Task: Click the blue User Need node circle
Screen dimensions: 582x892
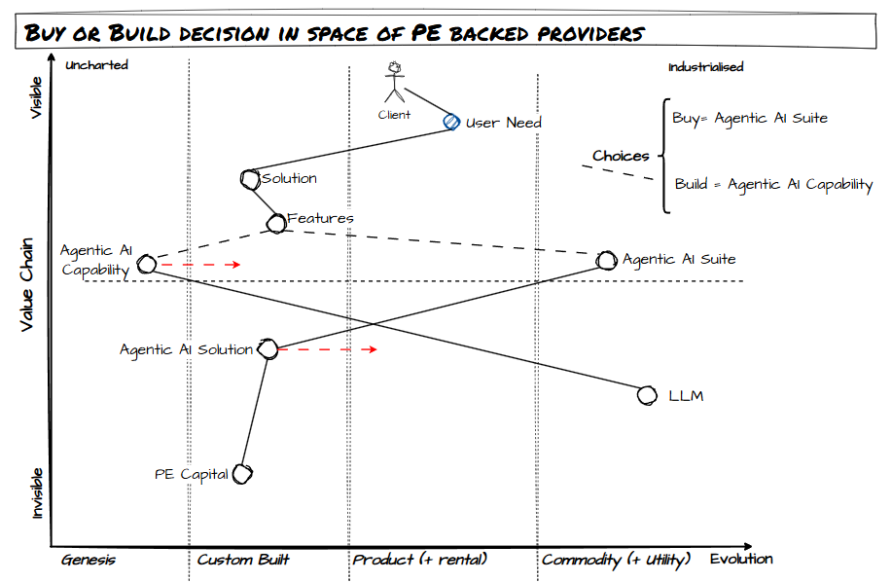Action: point(450,122)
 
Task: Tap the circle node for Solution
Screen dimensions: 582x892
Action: point(249,178)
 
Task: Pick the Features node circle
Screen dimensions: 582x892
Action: point(276,223)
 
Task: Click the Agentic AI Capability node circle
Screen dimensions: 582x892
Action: point(147,264)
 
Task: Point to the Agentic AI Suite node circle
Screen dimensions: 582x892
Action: point(607,260)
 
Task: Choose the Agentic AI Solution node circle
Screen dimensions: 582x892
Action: point(269,350)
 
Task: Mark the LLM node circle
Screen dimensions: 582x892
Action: point(647,395)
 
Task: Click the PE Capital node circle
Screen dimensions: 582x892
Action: point(242,474)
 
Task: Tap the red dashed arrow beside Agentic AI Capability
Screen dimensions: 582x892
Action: point(199,264)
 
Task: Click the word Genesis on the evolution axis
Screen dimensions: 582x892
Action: point(89,560)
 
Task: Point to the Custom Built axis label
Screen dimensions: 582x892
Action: point(243,560)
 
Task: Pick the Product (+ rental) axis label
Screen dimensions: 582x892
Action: point(419,560)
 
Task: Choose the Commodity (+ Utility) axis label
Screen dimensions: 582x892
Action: point(616,560)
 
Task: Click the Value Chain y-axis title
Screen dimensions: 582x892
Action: point(29,284)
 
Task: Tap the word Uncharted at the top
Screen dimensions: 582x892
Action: point(96,65)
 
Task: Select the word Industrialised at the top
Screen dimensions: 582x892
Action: point(706,67)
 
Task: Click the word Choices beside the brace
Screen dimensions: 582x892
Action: point(621,156)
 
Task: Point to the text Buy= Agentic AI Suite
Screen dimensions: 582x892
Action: point(750,118)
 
